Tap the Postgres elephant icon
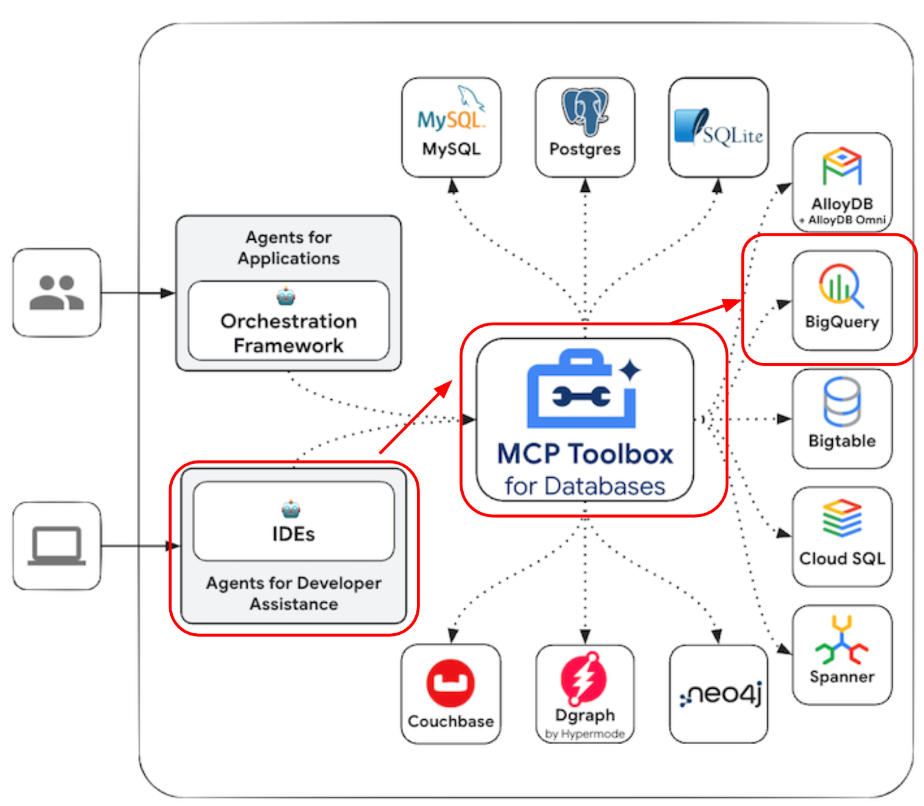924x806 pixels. click(584, 112)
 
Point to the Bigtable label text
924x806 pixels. click(841, 441)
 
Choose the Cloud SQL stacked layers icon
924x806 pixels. click(841, 518)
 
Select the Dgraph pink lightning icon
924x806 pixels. click(583, 679)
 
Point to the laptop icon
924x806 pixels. click(57, 545)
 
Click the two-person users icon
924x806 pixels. click(57, 292)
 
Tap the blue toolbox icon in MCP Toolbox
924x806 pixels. click(582, 389)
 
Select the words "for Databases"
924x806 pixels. click(584, 486)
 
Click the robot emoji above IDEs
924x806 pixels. click(290, 509)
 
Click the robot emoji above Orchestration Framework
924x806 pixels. click(286, 296)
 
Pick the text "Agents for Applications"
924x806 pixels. click(288, 247)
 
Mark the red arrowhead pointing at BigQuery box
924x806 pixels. click(733, 304)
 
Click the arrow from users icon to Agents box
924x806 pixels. click(139, 293)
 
